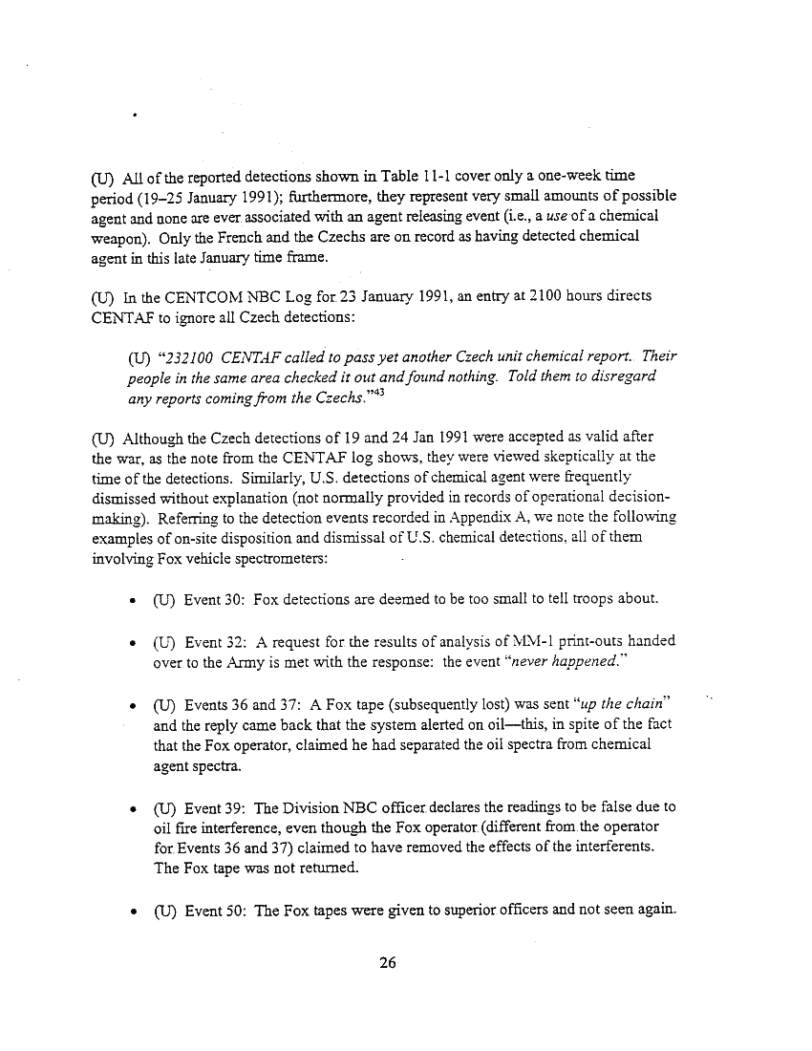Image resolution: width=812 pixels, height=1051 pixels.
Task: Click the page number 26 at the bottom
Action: tap(387, 962)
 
